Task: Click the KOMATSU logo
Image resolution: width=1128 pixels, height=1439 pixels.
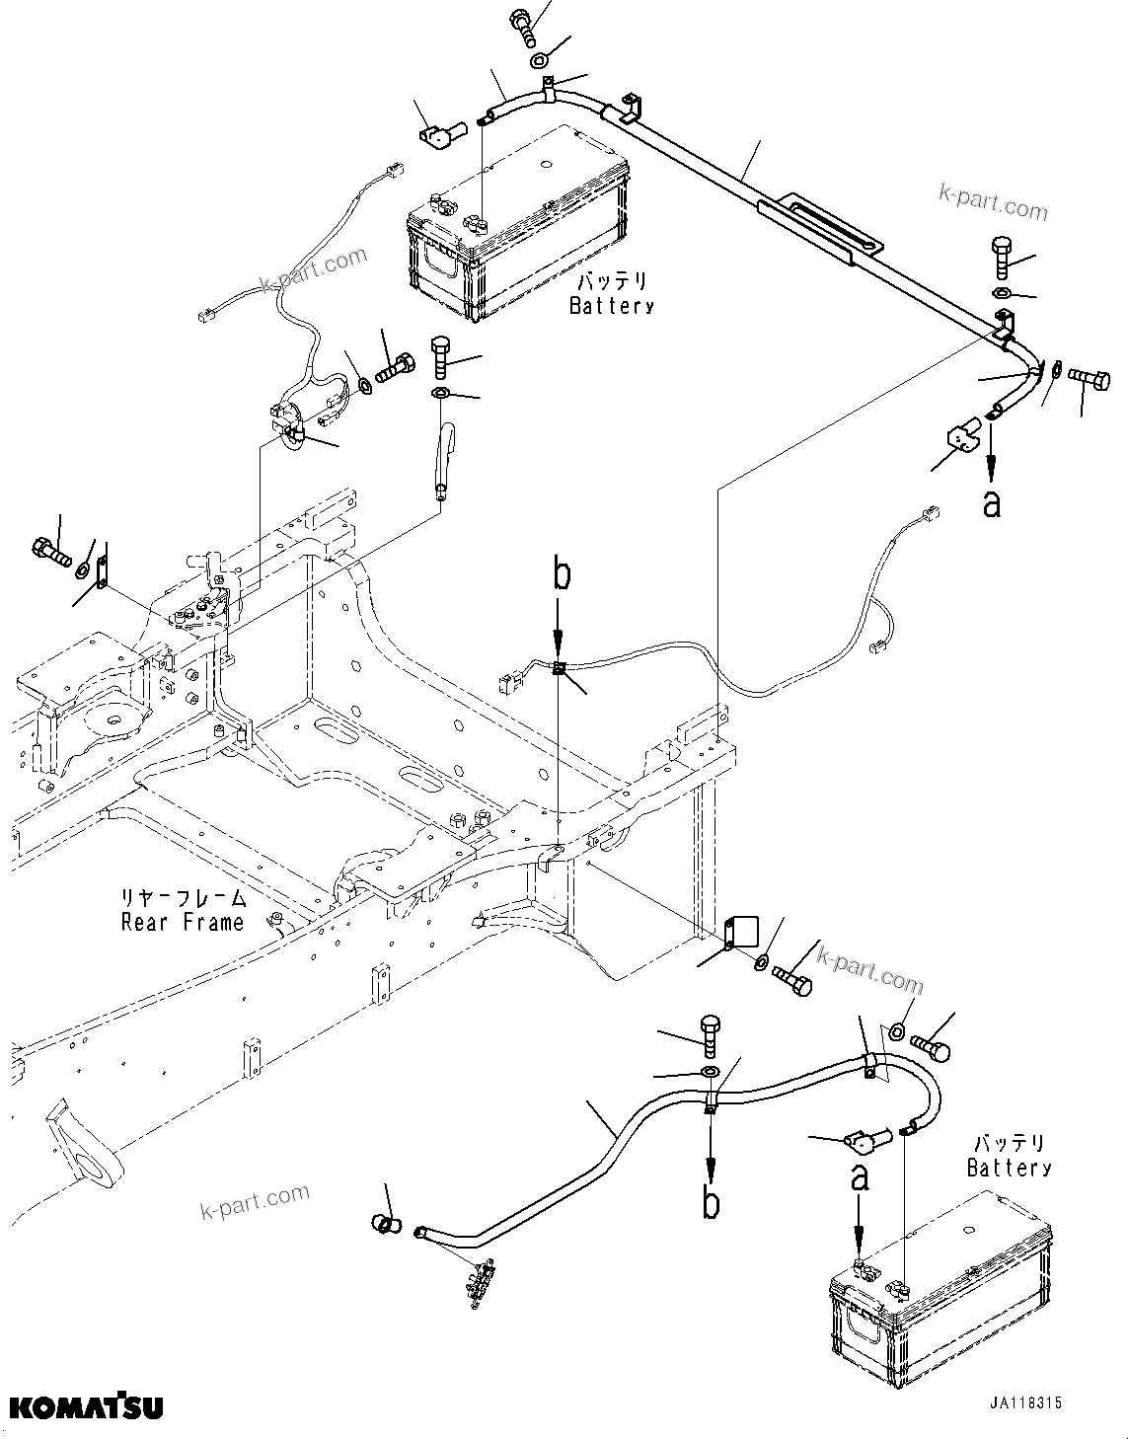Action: [86, 1404]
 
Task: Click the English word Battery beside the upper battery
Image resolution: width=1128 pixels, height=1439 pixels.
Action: [612, 306]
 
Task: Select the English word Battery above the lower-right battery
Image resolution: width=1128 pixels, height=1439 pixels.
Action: [1009, 1169]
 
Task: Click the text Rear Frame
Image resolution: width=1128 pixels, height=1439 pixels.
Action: [183, 923]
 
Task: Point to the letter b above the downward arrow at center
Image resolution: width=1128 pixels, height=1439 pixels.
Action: [561, 575]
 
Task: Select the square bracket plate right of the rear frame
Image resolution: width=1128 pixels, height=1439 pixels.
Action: [740, 931]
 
